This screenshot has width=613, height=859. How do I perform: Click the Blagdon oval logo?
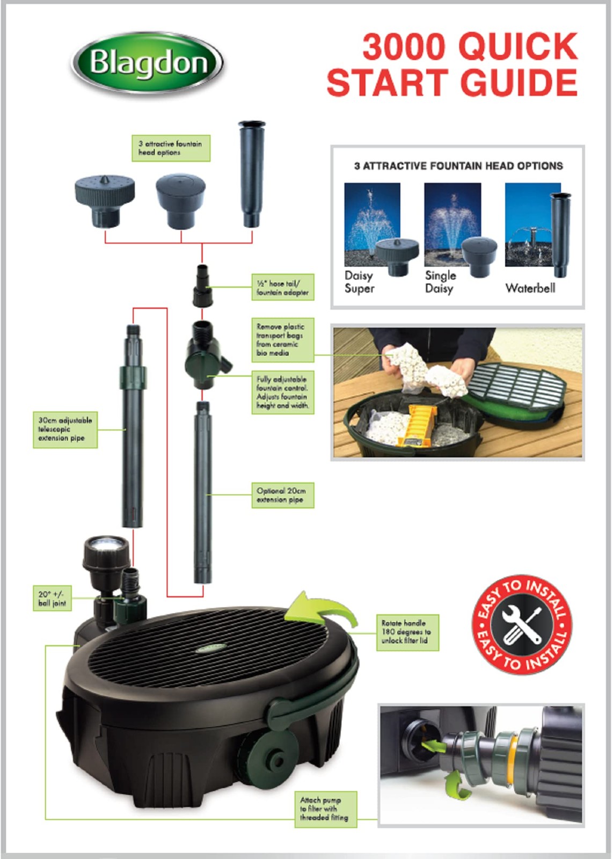(147, 63)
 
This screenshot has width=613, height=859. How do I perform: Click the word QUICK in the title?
(518, 46)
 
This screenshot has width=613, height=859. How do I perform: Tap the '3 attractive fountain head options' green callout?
(171, 148)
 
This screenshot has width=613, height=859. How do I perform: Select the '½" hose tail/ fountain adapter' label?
(282, 287)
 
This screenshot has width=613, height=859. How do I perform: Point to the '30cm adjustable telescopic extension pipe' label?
(65, 429)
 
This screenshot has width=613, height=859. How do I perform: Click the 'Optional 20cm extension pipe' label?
(282, 495)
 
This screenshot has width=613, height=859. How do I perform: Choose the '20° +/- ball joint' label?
(52, 599)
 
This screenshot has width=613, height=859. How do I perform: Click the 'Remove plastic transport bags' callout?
(282, 340)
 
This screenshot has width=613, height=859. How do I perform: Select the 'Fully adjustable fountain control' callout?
(282, 392)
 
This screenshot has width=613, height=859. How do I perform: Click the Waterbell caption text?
(530, 288)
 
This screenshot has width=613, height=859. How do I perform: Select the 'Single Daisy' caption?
(440, 282)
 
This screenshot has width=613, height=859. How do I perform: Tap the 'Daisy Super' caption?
(359, 282)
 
